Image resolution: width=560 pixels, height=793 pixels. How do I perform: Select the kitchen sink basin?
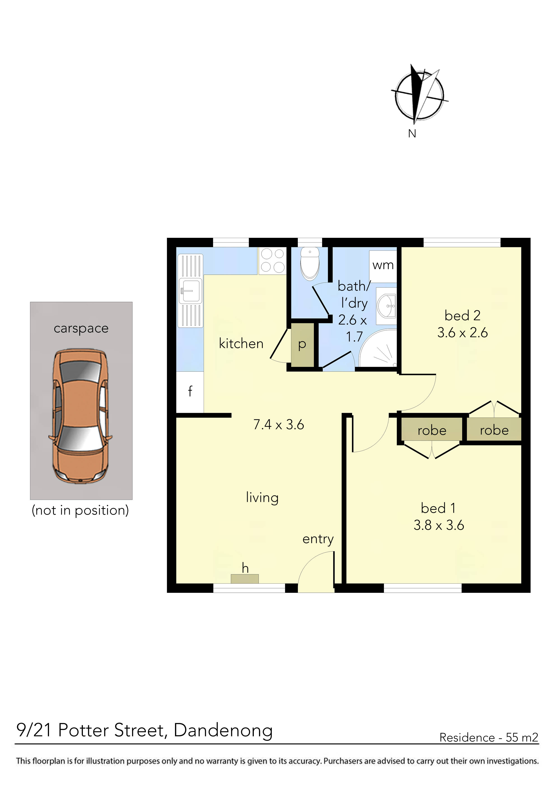(x=190, y=291)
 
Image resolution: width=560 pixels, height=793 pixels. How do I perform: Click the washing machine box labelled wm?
(x=383, y=266)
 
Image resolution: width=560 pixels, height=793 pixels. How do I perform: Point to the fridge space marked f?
(x=190, y=392)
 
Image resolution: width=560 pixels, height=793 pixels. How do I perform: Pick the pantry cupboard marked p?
(x=302, y=345)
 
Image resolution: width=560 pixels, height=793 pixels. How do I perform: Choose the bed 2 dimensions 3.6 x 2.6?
(x=462, y=333)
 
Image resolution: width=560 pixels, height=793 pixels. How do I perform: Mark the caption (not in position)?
(x=80, y=510)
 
